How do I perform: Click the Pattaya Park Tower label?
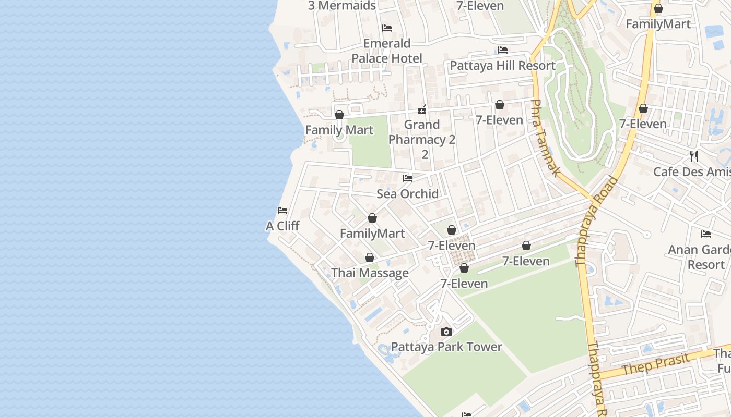(x=446, y=347)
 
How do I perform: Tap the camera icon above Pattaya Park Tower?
(x=446, y=332)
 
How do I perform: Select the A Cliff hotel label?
(x=282, y=226)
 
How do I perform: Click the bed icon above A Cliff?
(x=282, y=211)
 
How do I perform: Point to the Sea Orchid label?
(x=408, y=193)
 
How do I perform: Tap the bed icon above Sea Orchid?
(x=408, y=178)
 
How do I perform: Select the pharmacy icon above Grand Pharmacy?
(x=422, y=109)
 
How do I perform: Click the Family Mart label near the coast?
(x=339, y=130)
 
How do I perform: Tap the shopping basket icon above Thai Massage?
(x=370, y=257)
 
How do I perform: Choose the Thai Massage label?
(x=370, y=273)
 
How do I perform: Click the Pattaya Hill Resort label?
(x=502, y=65)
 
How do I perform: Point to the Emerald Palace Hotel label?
(x=387, y=51)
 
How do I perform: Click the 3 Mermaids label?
(x=342, y=6)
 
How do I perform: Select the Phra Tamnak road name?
(x=546, y=138)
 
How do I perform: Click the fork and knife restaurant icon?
(x=693, y=156)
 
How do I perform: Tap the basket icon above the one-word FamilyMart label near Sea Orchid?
(x=372, y=218)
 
